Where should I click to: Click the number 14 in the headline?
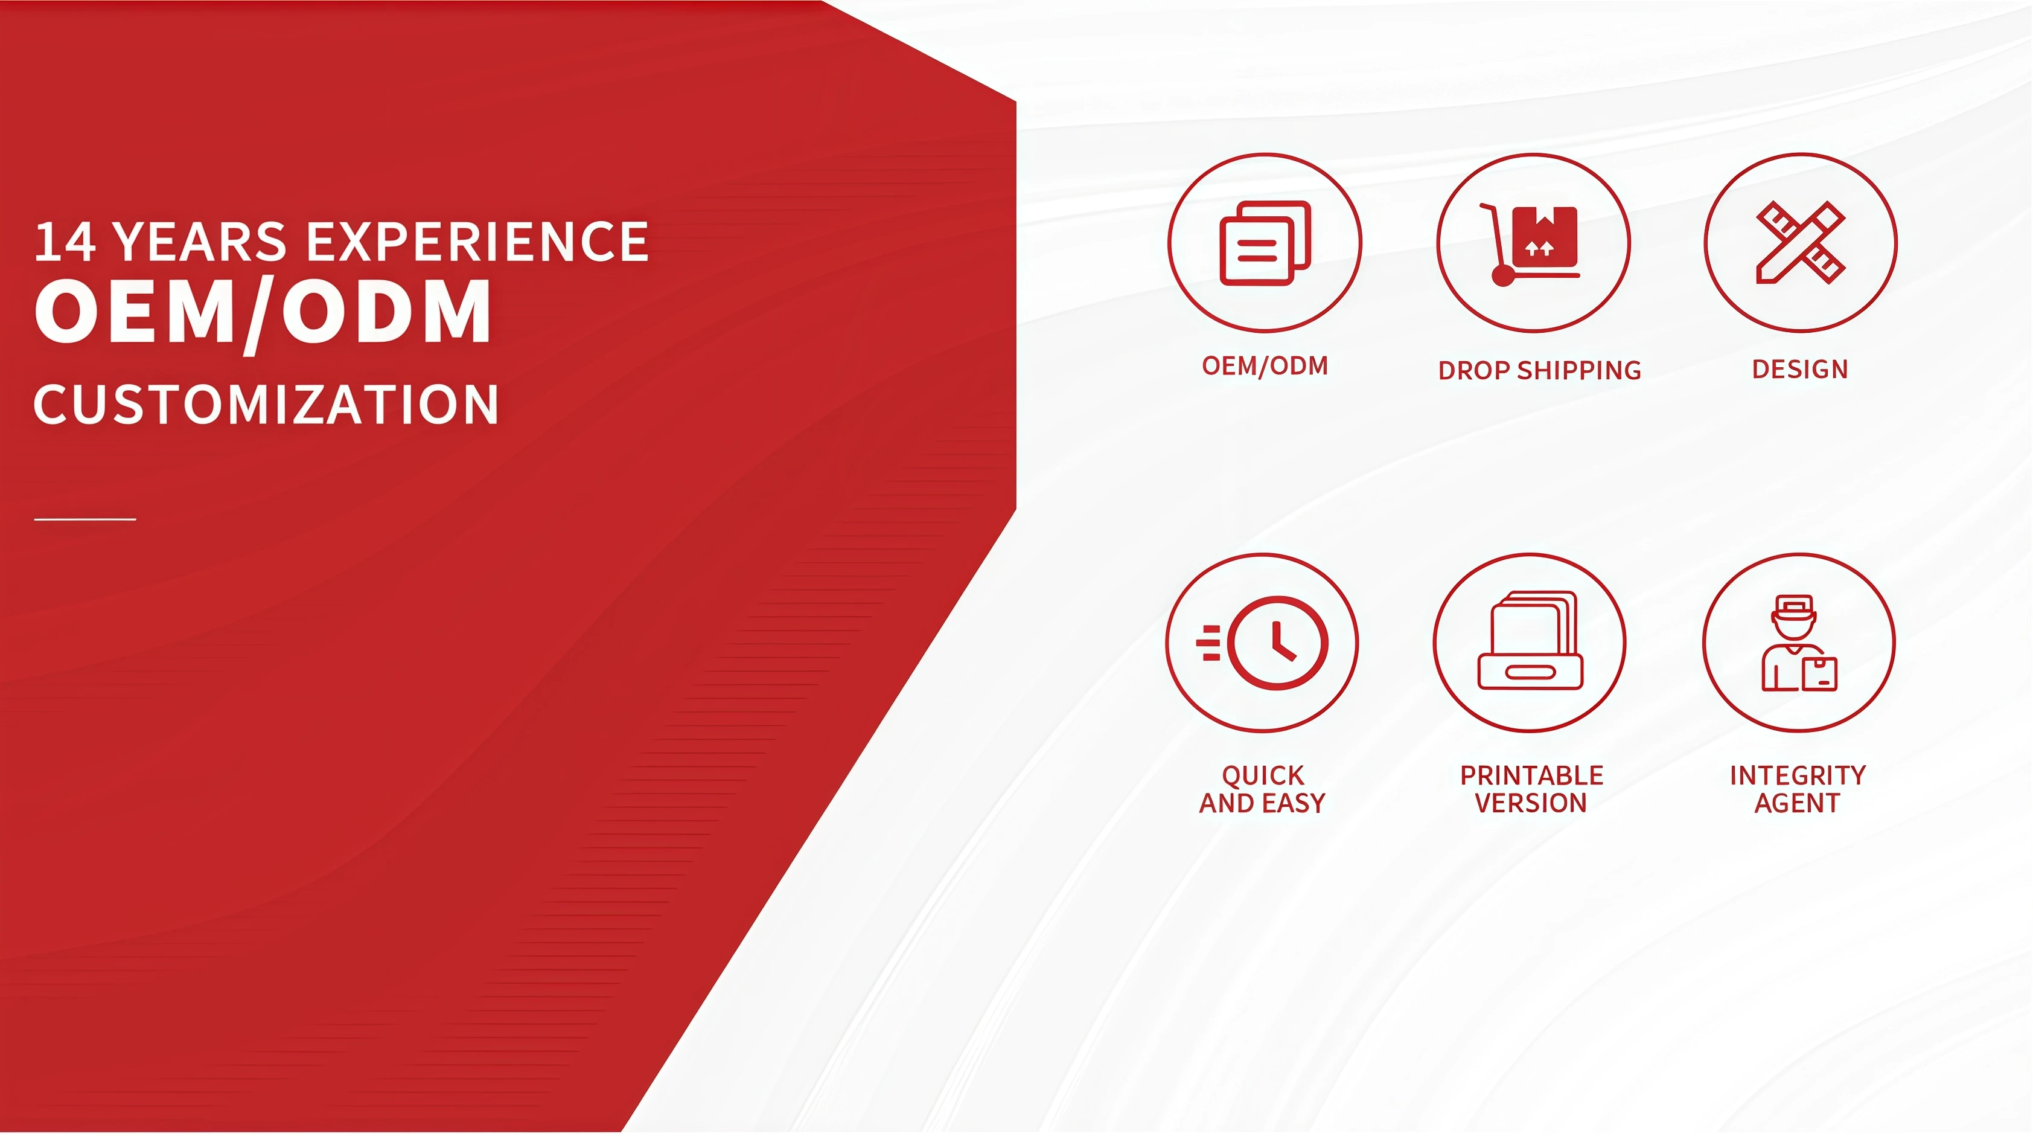click(x=66, y=242)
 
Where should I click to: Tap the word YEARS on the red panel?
click(x=200, y=242)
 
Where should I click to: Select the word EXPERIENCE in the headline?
click(x=477, y=242)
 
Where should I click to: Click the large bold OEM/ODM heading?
click(x=263, y=313)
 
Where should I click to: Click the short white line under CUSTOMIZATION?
click(x=85, y=519)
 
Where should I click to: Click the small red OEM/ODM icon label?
click(x=1265, y=365)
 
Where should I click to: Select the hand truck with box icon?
click(x=1530, y=244)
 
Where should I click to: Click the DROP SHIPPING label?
click(x=1539, y=370)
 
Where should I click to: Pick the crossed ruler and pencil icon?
click(x=1800, y=242)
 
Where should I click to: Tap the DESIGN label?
click(x=1800, y=368)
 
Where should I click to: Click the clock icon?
click(x=1263, y=643)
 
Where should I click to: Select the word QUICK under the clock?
click(x=1263, y=775)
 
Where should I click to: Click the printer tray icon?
click(x=1530, y=640)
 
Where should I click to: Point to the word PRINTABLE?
click(x=1531, y=775)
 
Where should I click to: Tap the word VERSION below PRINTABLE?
click(x=1530, y=803)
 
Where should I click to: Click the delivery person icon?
click(x=1799, y=643)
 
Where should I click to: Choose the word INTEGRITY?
click(x=1798, y=775)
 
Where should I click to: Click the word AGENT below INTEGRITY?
click(x=1797, y=803)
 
